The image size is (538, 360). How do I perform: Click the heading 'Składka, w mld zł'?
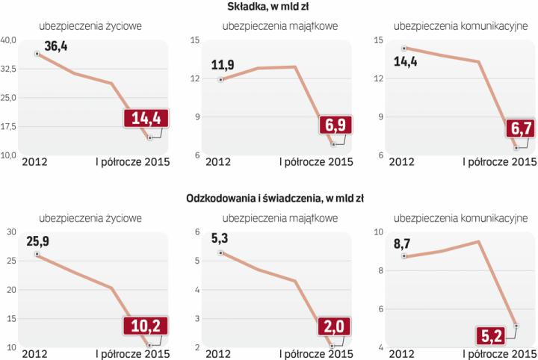coord(269,7)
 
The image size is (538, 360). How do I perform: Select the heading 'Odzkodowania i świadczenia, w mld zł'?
coord(269,199)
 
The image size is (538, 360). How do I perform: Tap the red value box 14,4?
coord(146,120)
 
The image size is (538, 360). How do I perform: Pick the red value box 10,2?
coord(146,325)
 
